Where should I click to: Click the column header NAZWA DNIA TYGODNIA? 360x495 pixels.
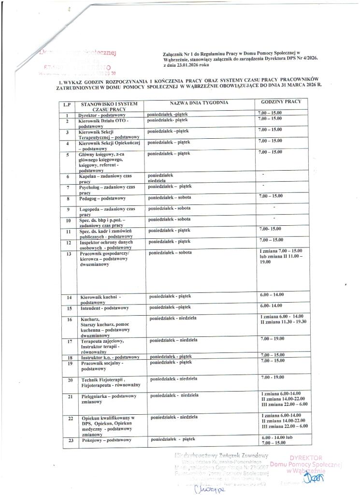198,103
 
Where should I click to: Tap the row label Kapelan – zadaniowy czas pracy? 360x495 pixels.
107,178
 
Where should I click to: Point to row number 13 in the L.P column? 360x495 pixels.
69,253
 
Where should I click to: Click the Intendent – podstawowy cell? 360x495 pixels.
103,307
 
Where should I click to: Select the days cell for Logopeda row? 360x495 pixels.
169,208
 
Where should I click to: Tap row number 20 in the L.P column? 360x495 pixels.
69,380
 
